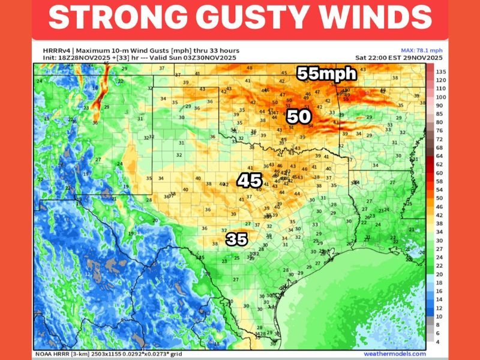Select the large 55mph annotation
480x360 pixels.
[327, 74]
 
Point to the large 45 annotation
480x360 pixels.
[249, 180]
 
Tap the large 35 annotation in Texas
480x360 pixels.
[236, 239]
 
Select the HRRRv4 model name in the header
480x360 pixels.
[47, 50]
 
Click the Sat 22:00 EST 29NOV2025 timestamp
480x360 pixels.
[399, 58]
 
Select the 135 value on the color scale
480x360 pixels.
[440, 71]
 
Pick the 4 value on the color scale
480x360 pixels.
[440, 341]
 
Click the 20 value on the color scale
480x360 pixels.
[440, 274]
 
